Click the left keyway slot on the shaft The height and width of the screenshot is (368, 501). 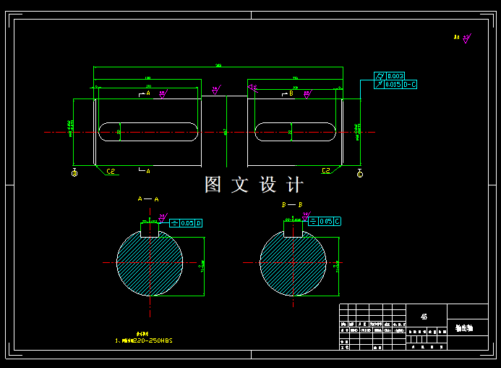[x=149, y=132]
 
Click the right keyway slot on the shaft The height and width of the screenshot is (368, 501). [x=295, y=132]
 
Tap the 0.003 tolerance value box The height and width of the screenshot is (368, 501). [x=395, y=76]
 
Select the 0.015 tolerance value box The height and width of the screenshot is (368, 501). [x=393, y=85]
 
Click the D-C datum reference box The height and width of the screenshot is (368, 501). [x=409, y=85]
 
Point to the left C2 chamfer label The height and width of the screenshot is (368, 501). [x=111, y=171]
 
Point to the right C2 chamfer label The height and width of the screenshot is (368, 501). [x=326, y=171]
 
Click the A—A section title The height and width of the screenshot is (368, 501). [x=147, y=198]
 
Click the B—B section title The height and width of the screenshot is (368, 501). [x=291, y=205]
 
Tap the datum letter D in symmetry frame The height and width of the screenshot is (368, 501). [x=199, y=223]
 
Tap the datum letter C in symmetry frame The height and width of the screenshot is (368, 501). [x=337, y=221]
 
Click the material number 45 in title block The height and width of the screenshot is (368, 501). [x=424, y=317]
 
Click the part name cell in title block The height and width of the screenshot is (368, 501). [x=464, y=328]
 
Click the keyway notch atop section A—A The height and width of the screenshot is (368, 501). [x=150, y=229]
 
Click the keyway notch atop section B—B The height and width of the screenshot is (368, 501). [x=293, y=229]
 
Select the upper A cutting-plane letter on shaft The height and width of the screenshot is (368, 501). [x=147, y=93]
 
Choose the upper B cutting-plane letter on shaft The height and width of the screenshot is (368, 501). [x=291, y=93]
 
